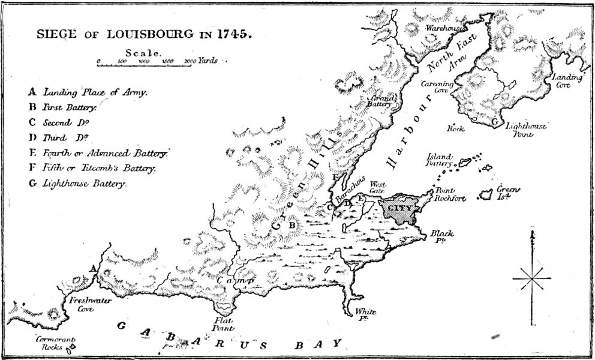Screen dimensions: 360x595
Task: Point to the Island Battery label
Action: (x=440, y=159)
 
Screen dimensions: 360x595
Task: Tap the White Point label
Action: (x=365, y=314)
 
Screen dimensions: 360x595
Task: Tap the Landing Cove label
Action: (x=566, y=81)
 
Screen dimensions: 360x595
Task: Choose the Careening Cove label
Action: (x=435, y=87)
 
